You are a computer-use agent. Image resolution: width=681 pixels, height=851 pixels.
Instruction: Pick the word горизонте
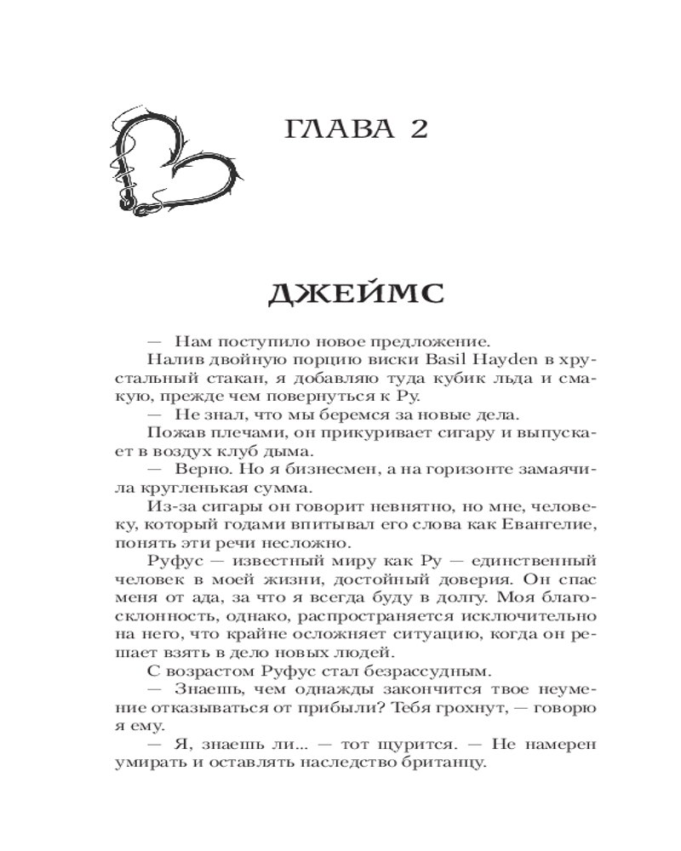coord(468,471)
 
